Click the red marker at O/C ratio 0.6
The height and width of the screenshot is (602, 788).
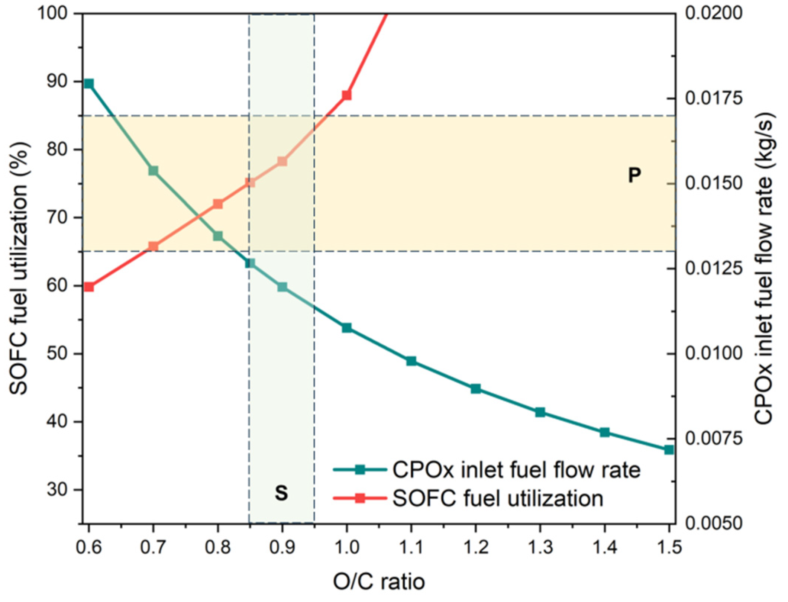click(89, 287)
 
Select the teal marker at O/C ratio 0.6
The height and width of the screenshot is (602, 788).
click(89, 83)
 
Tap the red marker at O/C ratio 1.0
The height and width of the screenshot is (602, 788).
click(347, 95)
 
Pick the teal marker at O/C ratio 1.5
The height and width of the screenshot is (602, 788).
click(669, 450)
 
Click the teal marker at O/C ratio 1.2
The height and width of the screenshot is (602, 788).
click(476, 389)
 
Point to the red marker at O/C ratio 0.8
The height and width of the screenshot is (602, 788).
click(218, 204)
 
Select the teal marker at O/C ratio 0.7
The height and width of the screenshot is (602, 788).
click(154, 171)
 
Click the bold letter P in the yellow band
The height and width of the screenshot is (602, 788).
click(634, 175)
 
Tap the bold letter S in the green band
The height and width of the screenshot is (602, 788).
click(281, 493)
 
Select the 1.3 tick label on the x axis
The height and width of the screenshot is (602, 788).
click(540, 548)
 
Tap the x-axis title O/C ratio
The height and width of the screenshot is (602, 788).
click(379, 582)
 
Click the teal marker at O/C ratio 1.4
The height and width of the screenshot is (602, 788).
click(605, 432)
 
